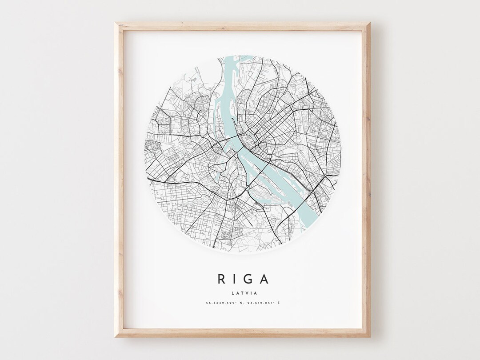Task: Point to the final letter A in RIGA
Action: point(264,279)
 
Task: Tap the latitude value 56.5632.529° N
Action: point(220,304)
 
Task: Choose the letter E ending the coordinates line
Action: point(279,304)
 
